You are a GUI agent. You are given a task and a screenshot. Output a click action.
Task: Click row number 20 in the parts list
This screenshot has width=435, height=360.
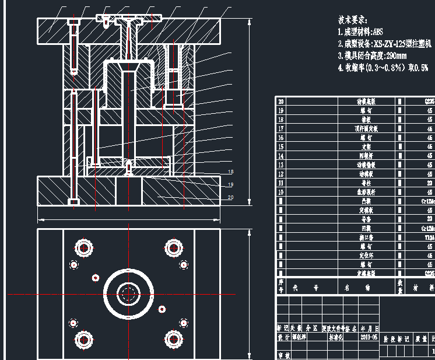coord(281,101)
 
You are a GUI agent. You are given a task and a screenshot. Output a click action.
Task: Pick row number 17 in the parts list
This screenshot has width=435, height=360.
coord(281,128)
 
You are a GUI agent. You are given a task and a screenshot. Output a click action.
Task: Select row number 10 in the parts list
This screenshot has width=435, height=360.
coord(281,192)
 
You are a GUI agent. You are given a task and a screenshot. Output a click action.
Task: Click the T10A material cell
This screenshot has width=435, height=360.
coord(429,237)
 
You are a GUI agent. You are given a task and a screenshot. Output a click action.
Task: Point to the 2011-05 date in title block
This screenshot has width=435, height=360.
coord(369,337)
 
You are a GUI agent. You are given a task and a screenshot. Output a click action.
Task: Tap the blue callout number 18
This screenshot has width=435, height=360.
coord(230,172)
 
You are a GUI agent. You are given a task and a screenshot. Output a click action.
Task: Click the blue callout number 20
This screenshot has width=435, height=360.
coord(230,197)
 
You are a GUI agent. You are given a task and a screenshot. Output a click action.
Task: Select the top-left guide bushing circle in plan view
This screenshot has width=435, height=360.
coord(85,247)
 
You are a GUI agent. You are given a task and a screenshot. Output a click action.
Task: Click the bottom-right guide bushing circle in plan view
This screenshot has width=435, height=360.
coord(173,338)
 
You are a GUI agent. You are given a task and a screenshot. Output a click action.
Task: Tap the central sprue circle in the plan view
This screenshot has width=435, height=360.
coord(128,293)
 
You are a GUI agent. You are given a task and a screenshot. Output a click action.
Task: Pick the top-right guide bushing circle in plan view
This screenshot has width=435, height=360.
coord(173,247)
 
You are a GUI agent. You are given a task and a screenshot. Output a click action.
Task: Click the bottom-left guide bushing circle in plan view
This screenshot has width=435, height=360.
coord(85,338)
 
